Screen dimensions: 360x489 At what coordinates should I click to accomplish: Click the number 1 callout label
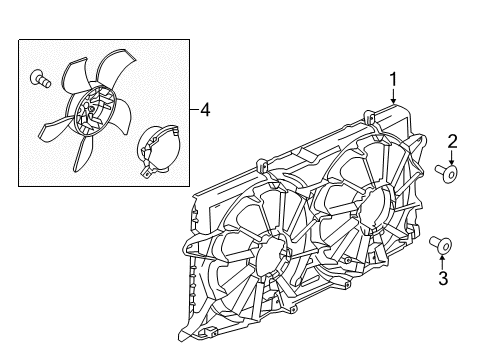coord(394,80)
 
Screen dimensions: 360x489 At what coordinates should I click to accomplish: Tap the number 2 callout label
coord(452,141)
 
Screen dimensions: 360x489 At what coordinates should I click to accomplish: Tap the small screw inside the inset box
coord(39,76)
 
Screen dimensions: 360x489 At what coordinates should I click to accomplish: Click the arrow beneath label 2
coord(452,160)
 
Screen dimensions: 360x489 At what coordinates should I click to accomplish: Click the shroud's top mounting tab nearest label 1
coord(371,119)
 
